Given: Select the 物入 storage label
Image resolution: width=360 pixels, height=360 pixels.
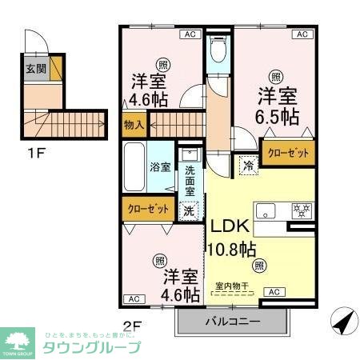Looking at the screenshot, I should point(134,125).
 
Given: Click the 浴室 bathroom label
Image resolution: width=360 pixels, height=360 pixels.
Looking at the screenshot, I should point(161,167).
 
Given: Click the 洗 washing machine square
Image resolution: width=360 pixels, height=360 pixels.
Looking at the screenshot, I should point(189,212).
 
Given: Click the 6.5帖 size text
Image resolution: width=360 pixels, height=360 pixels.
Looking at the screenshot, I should point(278,118).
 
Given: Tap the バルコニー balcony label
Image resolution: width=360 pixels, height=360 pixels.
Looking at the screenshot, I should point(231,322).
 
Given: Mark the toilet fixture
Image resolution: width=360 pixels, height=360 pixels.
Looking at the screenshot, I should point(217,54).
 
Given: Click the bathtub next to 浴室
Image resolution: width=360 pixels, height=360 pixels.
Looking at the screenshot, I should point(134,166).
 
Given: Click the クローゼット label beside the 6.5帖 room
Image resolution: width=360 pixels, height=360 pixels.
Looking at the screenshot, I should point(287,152).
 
